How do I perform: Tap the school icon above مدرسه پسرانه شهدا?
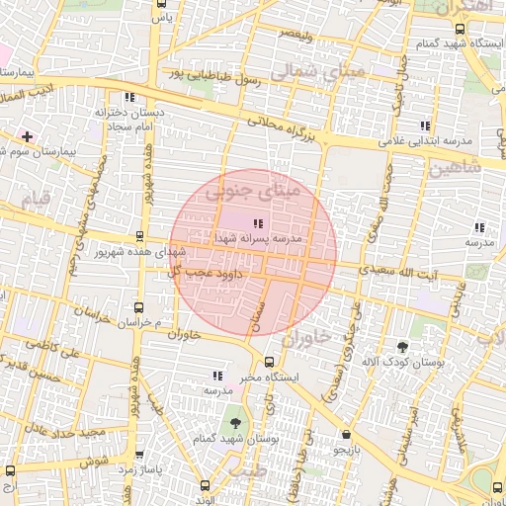pos(258,224)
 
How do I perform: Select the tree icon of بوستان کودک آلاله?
pos(401,347)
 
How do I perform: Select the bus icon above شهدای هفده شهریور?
pos(138,237)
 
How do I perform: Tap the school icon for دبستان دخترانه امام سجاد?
pos(129,97)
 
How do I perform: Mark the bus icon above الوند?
pos(205,485)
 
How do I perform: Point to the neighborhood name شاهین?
pos(454,169)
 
